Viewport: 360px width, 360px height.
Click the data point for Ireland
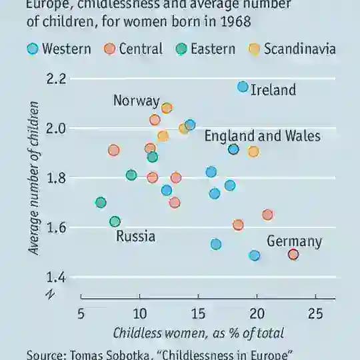point(243,87)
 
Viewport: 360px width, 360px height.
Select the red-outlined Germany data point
point(293,254)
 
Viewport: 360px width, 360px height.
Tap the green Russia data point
point(115,221)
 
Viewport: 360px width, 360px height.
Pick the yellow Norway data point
point(167,108)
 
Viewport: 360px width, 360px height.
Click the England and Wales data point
point(233,149)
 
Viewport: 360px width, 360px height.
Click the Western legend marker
point(32,49)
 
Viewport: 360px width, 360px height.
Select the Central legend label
point(140,49)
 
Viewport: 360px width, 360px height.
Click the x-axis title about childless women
point(198,333)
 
